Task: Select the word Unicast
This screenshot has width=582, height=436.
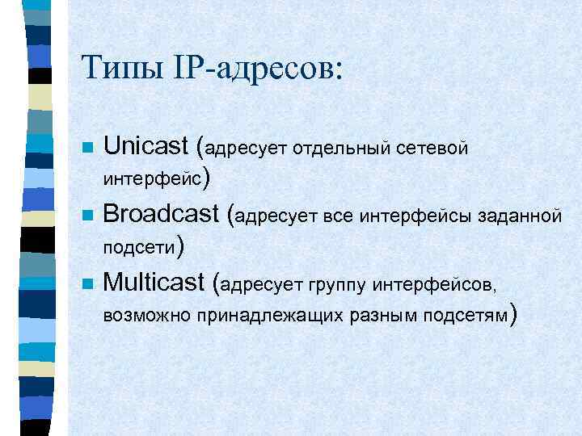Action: pyautogui.click(x=146, y=147)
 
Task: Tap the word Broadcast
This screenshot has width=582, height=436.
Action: pyautogui.click(x=162, y=214)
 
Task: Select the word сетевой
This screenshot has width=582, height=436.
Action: pyautogui.click(x=435, y=149)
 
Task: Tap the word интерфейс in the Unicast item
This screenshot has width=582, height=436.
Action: pyautogui.click(x=153, y=177)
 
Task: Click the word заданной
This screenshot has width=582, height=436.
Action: pyautogui.click(x=519, y=216)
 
